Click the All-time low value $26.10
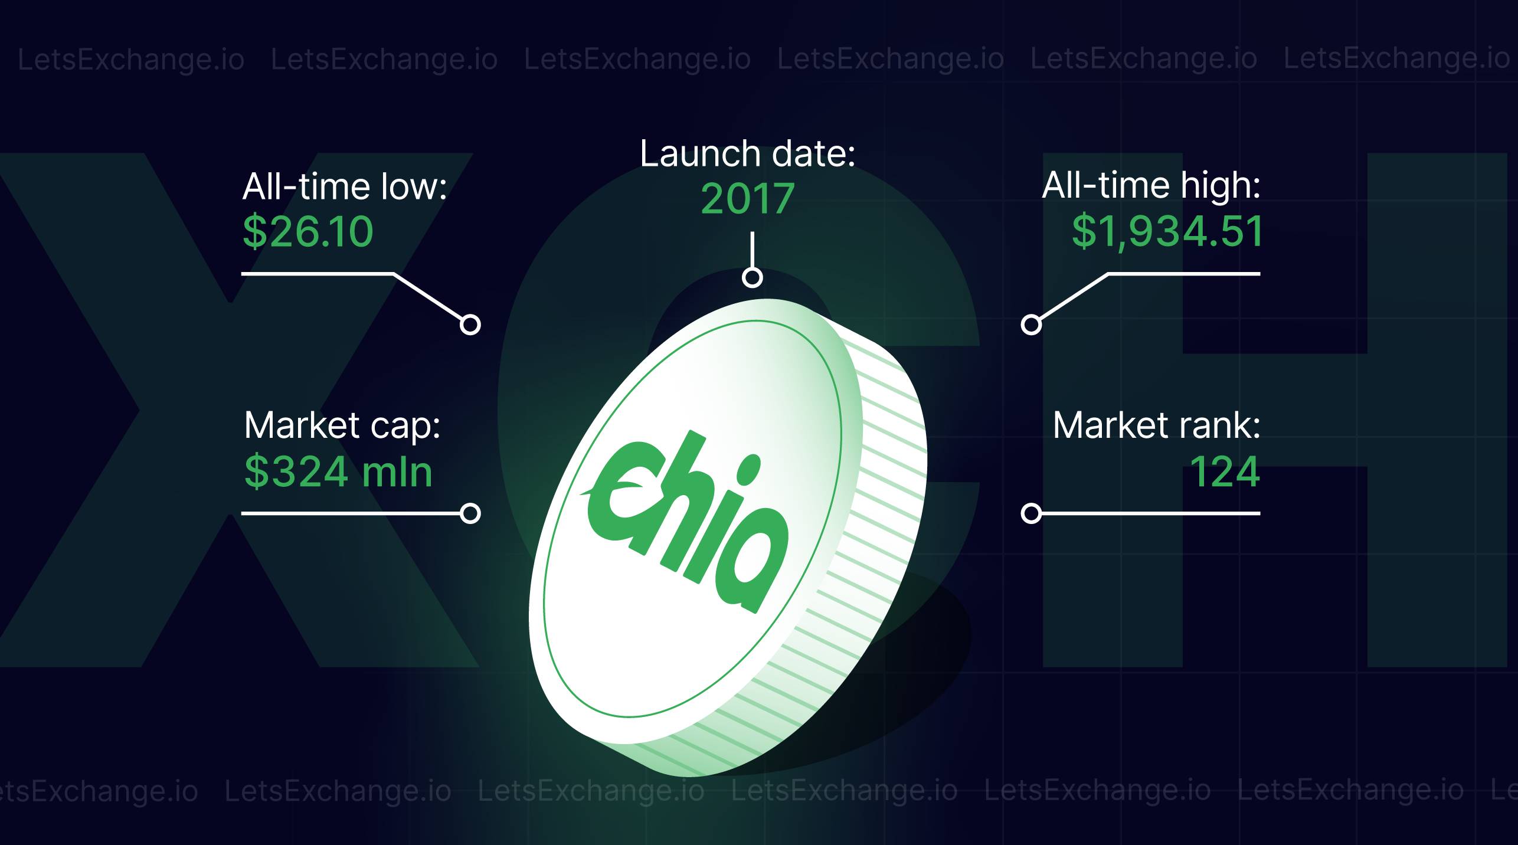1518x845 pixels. coord(308,231)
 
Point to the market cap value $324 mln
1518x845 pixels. coord(339,471)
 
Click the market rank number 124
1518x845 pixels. coord(1225,471)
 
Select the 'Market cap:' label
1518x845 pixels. coord(342,425)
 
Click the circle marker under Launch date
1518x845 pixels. coord(752,277)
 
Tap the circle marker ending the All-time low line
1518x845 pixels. coord(470,325)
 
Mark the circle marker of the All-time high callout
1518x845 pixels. coord(1031,325)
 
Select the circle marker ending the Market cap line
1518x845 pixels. coord(470,513)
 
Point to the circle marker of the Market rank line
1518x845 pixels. coord(1031,513)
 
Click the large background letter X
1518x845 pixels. coord(236,410)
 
